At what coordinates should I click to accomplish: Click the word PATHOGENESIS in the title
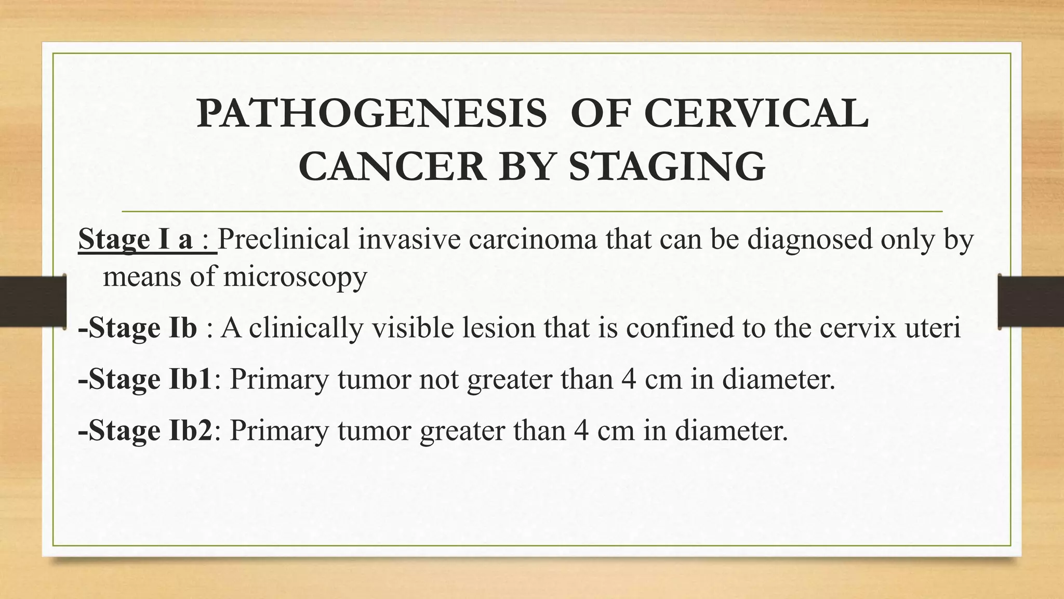[372, 114]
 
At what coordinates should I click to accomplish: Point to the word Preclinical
[283, 240]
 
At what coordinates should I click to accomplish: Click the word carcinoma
[533, 240]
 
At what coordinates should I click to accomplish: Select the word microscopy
[295, 276]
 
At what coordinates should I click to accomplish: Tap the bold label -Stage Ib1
[145, 379]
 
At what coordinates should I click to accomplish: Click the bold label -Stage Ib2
[145, 431]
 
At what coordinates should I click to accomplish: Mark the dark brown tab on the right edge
[1031, 302]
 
